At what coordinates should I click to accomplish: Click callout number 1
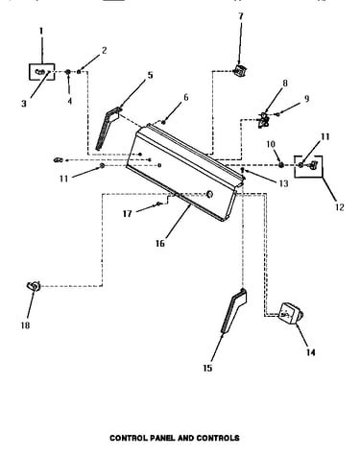pyautogui.click(x=41, y=31)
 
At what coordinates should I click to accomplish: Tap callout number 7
pyautogui.click(x=241, y=15)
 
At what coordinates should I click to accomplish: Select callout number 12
pyautogui.click(x=340, y=207)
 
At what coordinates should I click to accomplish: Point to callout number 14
pyautogui.click(x=310, y=352)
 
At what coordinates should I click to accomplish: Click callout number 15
pyautogui.click(x=207, y=368)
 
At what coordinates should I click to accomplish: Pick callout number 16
pyautogui.click(x=160, y=243)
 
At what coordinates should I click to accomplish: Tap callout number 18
pyautogui.click(x=25, y=325)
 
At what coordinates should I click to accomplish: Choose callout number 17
pyautogui.click(x=128, y=213)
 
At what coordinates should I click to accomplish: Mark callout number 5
pyautogui.click(x=150, y=75)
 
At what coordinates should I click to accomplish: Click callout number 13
pyautogui.click(x=284, y=183)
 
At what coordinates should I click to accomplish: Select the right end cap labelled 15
pyautogui.click(x=234, y=311)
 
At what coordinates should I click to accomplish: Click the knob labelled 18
pyautogui.click(x=34, y=286)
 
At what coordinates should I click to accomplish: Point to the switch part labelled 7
pyautogui.click(x=240, y=70)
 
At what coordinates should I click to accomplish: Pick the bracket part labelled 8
pyautogui.click(x=264, y=120)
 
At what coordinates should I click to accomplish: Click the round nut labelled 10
pyautogui.click(x=280, y=165)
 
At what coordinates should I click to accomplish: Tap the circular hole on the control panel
pyautogui.click(x=209, y=194)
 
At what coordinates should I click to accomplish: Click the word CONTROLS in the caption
pyautogui.click(x=218, y=438)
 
